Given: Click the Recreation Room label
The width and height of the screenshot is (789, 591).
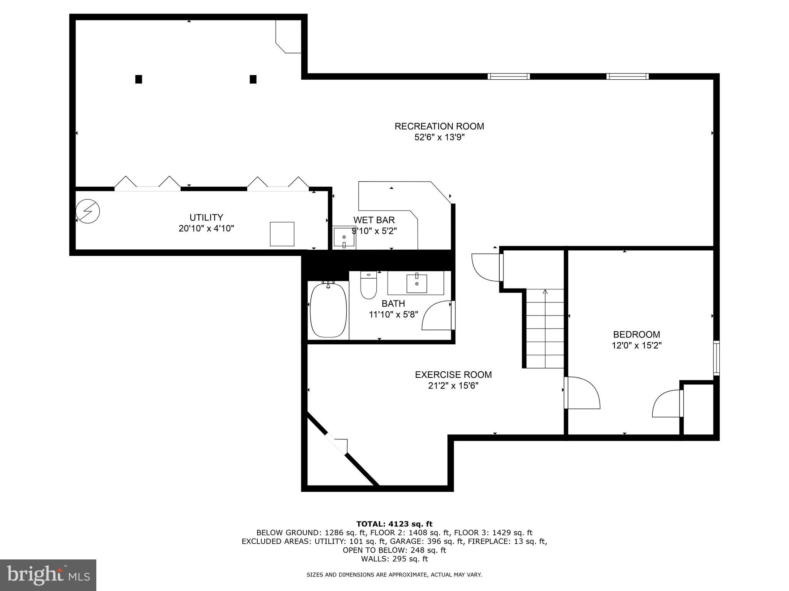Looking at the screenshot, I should (x=439, y=126).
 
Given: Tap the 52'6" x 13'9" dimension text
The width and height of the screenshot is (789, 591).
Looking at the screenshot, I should (x=439, y=137).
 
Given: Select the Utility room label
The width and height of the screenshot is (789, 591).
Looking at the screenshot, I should (x=206, y=217).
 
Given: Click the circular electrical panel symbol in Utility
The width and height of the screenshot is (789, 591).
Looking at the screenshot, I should (x=88, y=211).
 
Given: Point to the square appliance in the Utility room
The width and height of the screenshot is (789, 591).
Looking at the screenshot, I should (x=282, y=234).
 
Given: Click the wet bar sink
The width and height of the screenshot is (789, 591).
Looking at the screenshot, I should (x=344, y=237).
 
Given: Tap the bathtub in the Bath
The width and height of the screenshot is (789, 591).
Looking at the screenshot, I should (x=328, y=310).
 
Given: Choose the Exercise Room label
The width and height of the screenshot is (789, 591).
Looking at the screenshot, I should (x=453, y=374).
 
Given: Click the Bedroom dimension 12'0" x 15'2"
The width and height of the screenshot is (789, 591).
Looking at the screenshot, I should (x=636, y=346).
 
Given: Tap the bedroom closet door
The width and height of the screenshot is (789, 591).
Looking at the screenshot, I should (x=666, y=404).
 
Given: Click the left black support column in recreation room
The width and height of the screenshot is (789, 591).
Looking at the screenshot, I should (x=139, y=79).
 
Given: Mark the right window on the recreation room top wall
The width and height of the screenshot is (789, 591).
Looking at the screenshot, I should (x=627, y=76).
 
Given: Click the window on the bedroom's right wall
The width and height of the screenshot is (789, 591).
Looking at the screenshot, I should (x=716, y=358).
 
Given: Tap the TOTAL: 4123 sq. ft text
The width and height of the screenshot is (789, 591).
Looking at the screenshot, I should (x=394, y=524).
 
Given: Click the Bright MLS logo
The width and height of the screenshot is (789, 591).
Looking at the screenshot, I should (x=48, y=575).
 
